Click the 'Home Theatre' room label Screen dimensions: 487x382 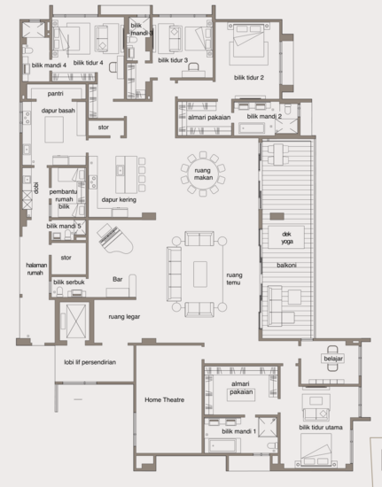(x=164, y=400)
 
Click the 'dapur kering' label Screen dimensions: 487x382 (x=119, y=200)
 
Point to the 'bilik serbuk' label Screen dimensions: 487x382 (x=70, y=282)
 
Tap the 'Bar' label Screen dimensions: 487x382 (x=117, y=280)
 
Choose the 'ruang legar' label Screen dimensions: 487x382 (x=125, y=315)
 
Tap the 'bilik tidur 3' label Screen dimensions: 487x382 (x=174, y=59)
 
